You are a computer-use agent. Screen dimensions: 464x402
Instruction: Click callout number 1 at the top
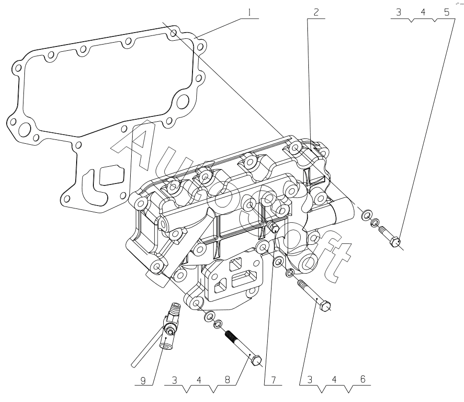(249, 12)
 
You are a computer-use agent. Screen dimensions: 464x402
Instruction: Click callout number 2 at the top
(316, 12)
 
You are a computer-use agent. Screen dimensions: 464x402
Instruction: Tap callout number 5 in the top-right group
(447, 12)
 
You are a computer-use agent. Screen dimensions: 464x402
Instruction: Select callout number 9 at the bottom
(143, 380)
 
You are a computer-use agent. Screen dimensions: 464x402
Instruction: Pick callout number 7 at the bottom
(273, 380)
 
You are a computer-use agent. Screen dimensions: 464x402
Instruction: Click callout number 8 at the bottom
(227, 380)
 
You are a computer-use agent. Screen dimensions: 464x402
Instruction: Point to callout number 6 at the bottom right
(363, 379)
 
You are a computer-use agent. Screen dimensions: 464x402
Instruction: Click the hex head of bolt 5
(396, 241)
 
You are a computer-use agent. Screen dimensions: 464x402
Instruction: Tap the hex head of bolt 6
(325, 306)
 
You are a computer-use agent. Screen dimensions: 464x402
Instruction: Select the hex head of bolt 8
(256, 361)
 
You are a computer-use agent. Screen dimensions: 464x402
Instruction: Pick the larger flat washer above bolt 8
(209, 316)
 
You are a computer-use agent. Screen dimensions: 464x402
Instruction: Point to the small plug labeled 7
(272, 227)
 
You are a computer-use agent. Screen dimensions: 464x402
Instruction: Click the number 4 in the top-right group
(423, 12)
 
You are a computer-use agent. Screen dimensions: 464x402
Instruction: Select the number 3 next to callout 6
(310, 380)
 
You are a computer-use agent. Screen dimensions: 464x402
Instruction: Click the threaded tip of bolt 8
(232, 337)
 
